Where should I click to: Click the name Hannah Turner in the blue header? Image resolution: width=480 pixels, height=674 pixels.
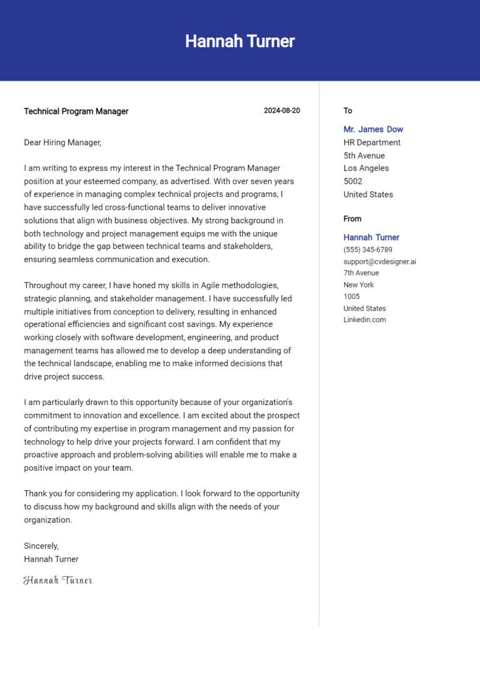tap(240, 41)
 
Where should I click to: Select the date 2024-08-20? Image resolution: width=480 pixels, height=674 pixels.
tap(281, 111)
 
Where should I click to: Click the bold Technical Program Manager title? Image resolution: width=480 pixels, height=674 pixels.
tap(76, 111)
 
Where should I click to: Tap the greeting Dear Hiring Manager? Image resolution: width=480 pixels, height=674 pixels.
tap(62, 143)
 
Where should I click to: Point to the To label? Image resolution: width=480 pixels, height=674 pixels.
tap(347, 111)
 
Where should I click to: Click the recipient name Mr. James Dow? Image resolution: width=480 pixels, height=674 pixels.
tap(373, 129)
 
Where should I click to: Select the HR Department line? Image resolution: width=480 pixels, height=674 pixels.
tap(372, 143)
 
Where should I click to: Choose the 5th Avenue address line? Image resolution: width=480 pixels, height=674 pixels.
tap(364, 156)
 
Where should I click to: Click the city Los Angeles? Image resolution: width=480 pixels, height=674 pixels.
tap(366, 168)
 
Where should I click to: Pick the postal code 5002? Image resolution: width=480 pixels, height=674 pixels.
tap(352, 181)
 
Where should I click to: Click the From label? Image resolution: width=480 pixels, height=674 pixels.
tap(352, 219)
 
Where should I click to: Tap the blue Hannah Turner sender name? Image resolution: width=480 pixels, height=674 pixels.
tap(371, 238)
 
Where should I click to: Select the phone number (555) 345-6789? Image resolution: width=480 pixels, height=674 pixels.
tap(367, 249)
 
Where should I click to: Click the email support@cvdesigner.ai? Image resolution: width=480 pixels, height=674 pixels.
tap(379, 261)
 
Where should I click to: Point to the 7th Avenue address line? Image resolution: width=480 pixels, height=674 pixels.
tap(361, 273)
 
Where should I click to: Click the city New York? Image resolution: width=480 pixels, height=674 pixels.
tap(358, 284)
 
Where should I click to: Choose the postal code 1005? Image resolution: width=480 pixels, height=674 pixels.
tap(351, 296)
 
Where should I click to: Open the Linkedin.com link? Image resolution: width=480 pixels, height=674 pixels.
tap(364, 319)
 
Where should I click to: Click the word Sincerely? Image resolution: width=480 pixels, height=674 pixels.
tap(41, 546)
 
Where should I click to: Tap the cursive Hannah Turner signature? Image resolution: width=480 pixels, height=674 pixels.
tap(57, 580)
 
